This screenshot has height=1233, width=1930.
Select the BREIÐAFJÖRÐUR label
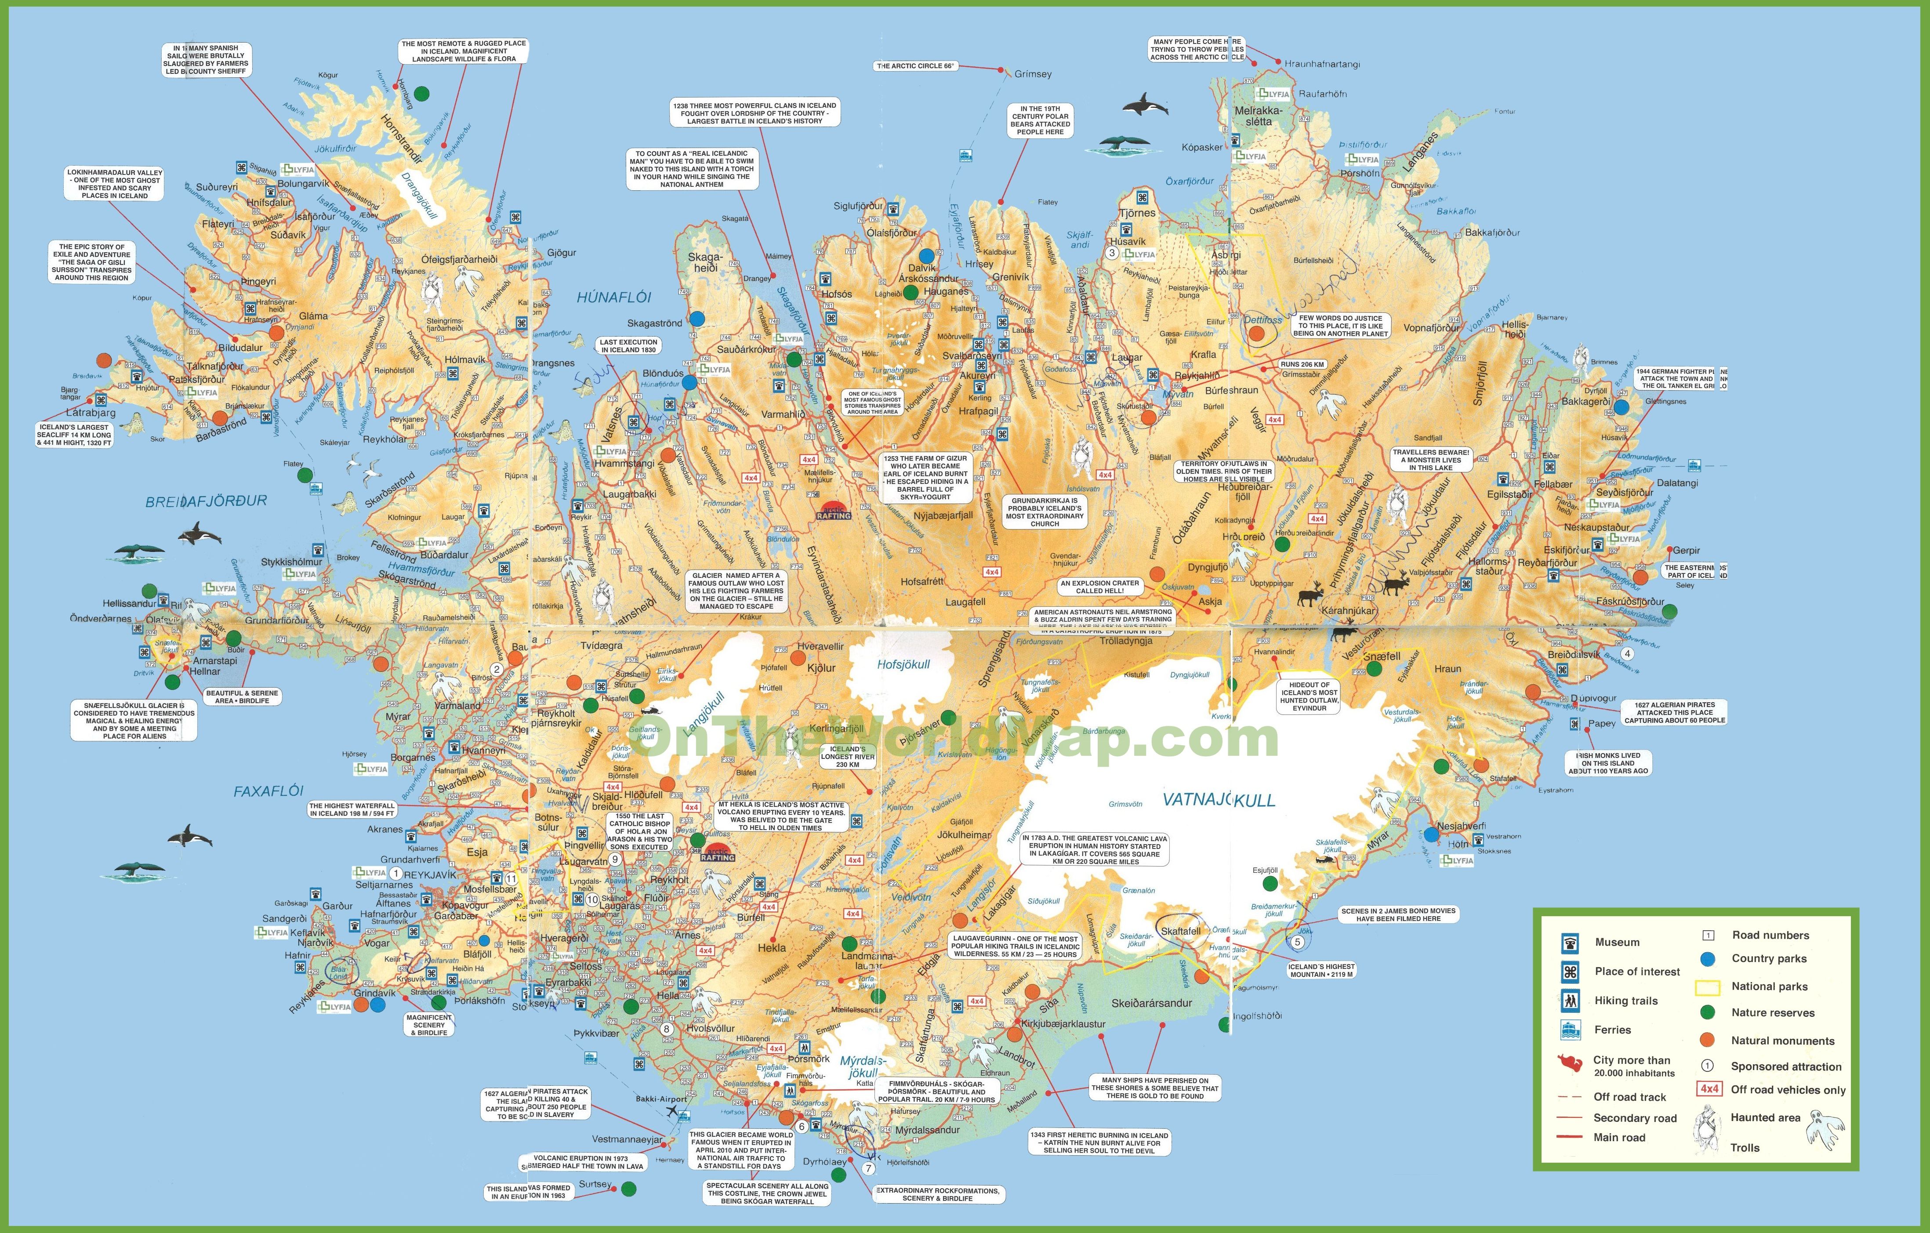point(206,501)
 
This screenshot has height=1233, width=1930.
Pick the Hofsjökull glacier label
point(903,664)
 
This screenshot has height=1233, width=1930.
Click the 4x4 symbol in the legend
point(1709,1089)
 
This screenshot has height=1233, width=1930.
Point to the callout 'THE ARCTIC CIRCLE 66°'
point(915,66)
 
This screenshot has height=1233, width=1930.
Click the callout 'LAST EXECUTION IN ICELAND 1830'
point(629,345)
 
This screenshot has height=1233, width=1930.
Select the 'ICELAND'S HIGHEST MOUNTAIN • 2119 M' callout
point(1321,970)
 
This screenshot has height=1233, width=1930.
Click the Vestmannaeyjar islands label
point(628,1139)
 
